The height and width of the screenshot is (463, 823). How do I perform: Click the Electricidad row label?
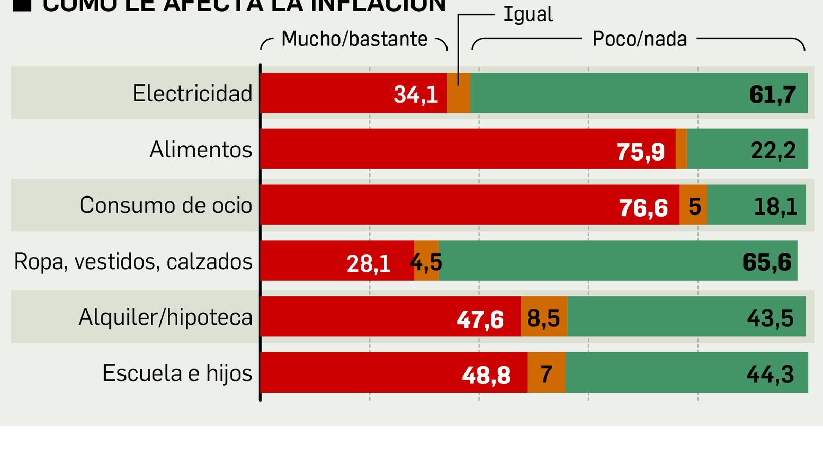[192, 94]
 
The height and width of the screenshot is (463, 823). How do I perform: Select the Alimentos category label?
[201, 150]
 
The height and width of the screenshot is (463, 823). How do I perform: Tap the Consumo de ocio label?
[166, 205]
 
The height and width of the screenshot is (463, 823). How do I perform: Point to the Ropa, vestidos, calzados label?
[133, 261]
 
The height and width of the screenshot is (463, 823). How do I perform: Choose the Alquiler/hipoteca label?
[165, 317]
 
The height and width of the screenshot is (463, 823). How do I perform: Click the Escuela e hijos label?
[177, 373]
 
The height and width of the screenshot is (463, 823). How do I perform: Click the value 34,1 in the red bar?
[416, 95]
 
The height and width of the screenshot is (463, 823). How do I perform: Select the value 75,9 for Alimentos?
[640, 152]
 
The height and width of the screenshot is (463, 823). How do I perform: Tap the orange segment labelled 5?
[694, 207]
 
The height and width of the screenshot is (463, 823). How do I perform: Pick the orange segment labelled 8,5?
[544, 318]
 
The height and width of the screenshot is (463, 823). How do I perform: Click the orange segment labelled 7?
[546, 374]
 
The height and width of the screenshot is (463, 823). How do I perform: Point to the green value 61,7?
[773, 95]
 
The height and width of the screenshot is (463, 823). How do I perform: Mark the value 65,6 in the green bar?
[766, 262]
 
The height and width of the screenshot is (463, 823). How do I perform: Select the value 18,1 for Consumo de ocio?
[775, 207]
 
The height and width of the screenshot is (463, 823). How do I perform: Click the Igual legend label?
[528, 14]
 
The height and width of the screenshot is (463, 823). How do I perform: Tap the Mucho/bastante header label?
[354, 39]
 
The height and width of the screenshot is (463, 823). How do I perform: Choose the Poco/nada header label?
[639, 39]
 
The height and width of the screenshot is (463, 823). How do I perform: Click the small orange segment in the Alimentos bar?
[681, 149]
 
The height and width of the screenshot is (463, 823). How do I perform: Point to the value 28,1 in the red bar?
[368, 264]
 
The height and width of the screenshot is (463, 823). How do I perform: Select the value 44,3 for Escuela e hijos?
[770, 374]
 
